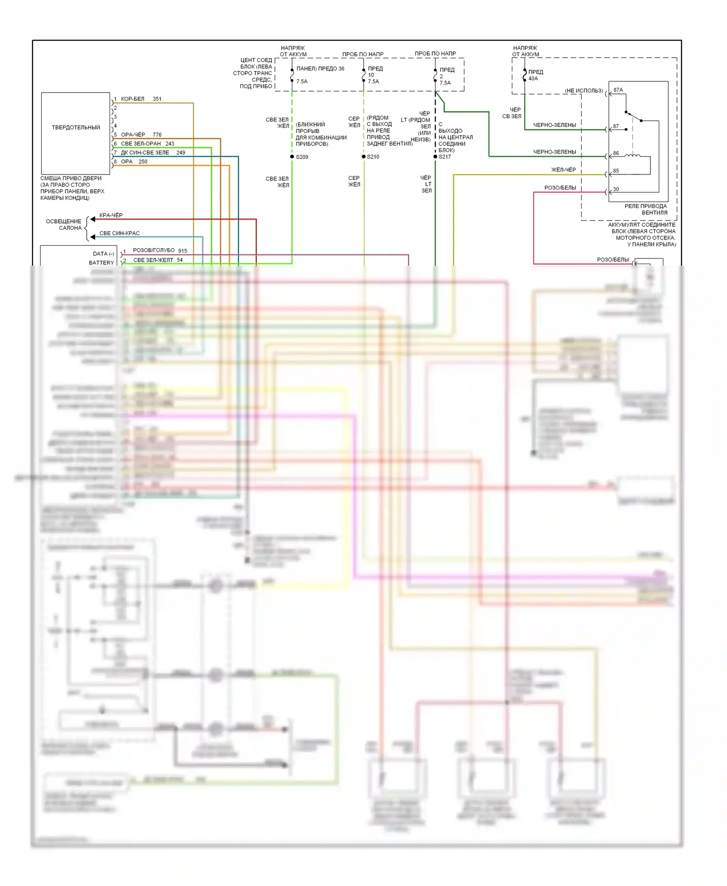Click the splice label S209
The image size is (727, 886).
click(302, 157)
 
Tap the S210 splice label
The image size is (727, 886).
click(373, 157)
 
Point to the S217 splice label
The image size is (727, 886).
click(444, 157)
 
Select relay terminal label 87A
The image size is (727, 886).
click(618, 90)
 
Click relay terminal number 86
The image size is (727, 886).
click(616, 153)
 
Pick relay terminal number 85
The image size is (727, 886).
click(616, 171)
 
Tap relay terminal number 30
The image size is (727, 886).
click(616, 190)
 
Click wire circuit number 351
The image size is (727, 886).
click(157, 99)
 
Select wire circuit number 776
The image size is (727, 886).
click(157, 135)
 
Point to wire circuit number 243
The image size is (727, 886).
click(170, 143)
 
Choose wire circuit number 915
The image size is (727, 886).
click(182, 251)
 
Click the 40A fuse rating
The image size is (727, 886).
click(533, 79)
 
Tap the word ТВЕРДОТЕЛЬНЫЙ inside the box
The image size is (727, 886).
click(76, 127)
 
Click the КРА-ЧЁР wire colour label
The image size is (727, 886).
click(111, 215)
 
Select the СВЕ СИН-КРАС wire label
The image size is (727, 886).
click(119, 233)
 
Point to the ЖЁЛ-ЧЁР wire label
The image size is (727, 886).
click(564, 170)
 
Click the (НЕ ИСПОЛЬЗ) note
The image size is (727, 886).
click(584, 91)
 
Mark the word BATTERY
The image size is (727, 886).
click(101, 263)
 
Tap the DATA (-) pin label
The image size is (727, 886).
click(103, 254)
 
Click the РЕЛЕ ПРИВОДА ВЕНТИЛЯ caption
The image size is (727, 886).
click(646, 209)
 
